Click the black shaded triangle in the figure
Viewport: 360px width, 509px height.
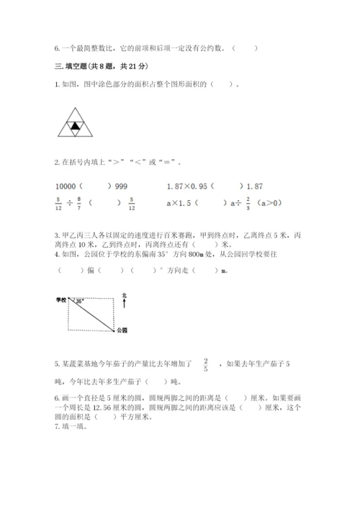click(x=74, y=127)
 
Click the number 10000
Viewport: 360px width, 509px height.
click(x=68, y=186)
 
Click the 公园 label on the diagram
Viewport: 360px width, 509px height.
click(x=121, y=330)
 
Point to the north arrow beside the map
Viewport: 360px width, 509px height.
click(x=125, y=305)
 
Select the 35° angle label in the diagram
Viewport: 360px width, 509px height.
click(x=78, y=302)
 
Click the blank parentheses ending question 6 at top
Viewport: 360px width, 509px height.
click(x=246, y=48)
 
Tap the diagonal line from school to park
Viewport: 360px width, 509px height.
click(x=94, y=315)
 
